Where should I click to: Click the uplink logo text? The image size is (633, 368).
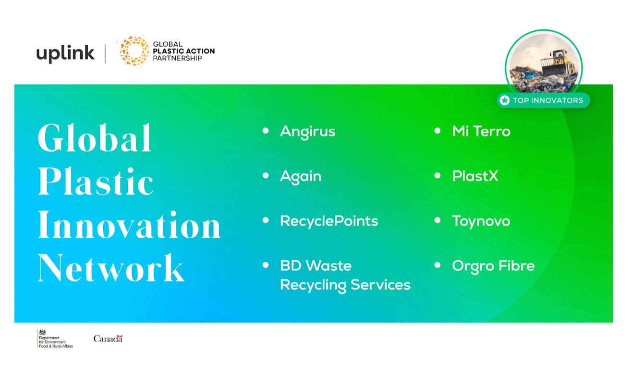[x=65, y=53]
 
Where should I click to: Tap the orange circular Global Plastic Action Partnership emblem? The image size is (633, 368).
[x=134, y=51]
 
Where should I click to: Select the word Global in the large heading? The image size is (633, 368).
[x=95, y=138]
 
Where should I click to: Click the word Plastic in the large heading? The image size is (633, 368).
[x=96, y=182]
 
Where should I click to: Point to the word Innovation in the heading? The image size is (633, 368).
[x=129, y=225]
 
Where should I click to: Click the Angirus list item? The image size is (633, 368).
[x=307, y=132]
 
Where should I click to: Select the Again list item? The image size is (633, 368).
[x=301, y=176]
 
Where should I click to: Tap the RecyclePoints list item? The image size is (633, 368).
[x=329, y=221]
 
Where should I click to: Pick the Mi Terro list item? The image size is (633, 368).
[x=481, y=132]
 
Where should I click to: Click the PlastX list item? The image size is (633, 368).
[x=475, y=176]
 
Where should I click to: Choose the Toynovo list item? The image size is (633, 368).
[x=481, y=221]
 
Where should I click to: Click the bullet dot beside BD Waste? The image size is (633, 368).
[x=266, y=265]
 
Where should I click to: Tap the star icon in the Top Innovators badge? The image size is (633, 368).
[x=504, y=100]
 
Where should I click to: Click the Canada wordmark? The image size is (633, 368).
[x=108, y=339]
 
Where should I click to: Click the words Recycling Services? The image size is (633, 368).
[x=345, y=285]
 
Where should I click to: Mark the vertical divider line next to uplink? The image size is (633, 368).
[x=106, y=53]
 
